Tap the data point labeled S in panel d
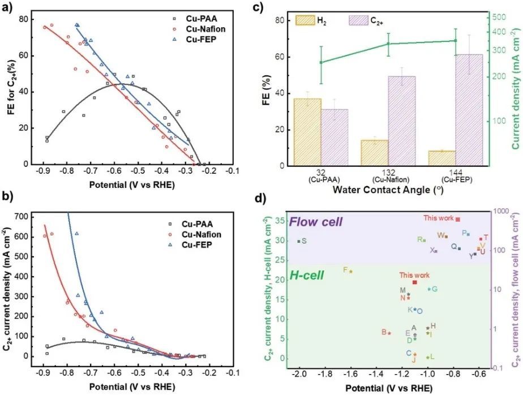tap(299, 241)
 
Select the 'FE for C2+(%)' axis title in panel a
tap(11, 84)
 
